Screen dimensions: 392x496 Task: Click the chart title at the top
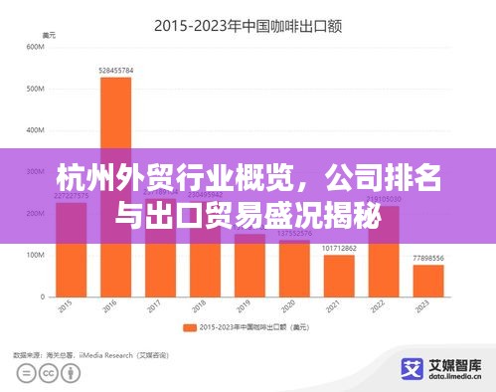pyautogui.click(x=248, y=26)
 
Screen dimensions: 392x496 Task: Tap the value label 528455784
pyautogui.click(x=115, y=71)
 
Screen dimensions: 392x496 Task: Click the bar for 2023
pyautogui.click(x=428, y=281)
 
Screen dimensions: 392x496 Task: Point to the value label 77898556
pyautogui.click(x=428, y=259)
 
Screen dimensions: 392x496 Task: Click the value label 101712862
pyautogui.click(x=339, y=248)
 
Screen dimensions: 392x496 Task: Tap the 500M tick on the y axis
pyautogui.click(x=36, y=89)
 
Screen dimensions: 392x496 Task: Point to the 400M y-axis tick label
pyautogui.click(x=36, y=130)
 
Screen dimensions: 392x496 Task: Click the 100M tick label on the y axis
pyautogui.click(x=36, y=255)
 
